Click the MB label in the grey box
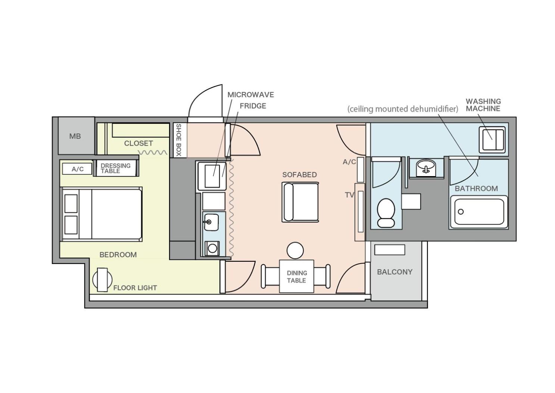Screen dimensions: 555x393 tap(75, 136)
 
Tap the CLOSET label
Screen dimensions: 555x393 tap(138, 143)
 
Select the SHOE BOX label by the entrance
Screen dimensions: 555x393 tap(178, 140)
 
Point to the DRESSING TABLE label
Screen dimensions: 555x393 tap(115, 168)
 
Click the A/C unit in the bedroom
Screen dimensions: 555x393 tap(77, 169)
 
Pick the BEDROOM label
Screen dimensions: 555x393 tap(118, 255)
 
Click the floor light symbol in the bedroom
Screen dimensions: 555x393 tap(102, 280)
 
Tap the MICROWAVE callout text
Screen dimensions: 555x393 tap(251, 95)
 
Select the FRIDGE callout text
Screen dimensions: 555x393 tap(253, 106)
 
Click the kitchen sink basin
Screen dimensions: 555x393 tap(211, 222)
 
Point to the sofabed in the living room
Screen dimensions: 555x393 tap(300, 202)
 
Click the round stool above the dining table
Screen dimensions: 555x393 tap(295, 251)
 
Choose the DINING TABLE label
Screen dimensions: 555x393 tap(297, 277)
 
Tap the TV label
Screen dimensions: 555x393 tap(350, 195)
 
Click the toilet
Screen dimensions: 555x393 tap(386, 213)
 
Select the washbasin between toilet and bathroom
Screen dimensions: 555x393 tap(425, 168)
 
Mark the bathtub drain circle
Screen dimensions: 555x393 tap(461, 212)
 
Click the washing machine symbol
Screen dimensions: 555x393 tap(492, 140)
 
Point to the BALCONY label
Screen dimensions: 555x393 tap(395, 272)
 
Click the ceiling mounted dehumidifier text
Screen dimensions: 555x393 tap(403, 109)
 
